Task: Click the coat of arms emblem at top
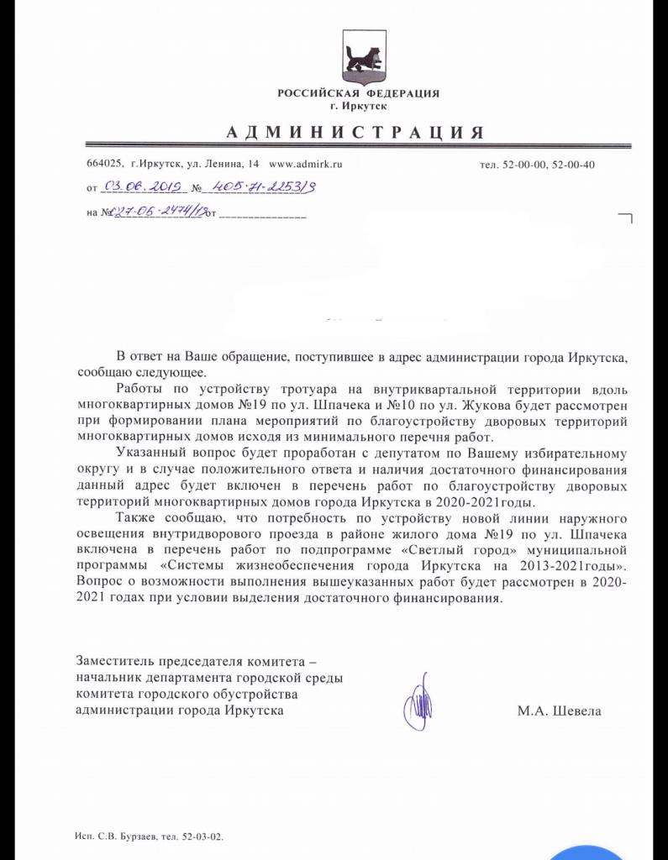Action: point(363,55)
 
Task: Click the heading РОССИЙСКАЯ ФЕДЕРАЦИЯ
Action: point(358,93)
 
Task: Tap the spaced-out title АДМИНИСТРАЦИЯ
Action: point(355,133)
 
